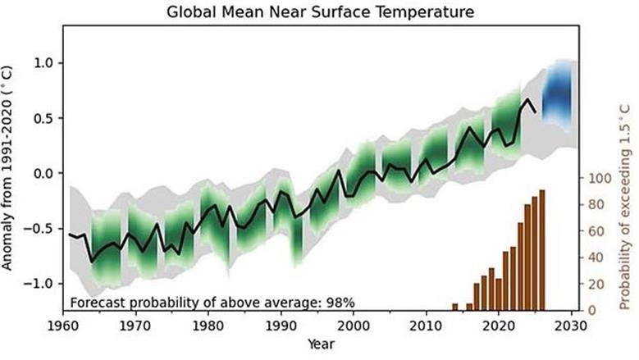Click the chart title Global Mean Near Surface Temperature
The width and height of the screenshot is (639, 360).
click(320, 11)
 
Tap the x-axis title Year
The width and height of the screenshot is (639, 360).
click(321, 344)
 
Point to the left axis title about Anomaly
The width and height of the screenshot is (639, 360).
click(7, 168)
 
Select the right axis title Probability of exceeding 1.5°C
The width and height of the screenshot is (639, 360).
click(625, 207)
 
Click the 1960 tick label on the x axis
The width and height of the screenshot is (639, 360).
click(63, 326)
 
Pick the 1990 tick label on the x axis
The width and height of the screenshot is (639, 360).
click(281, 326)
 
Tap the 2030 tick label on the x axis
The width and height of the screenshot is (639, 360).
click(572, 326)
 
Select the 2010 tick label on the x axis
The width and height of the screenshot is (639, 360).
click(427, 326)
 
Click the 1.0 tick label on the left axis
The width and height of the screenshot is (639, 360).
click(44, 63)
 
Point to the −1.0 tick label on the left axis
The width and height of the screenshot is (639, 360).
click(39, 284)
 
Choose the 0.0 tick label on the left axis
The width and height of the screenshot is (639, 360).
click(44, 173)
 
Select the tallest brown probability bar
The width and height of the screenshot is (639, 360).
click(542, 250)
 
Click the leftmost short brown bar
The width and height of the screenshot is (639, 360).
click(455, 307)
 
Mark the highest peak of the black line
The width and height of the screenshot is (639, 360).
click(527, 99)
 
